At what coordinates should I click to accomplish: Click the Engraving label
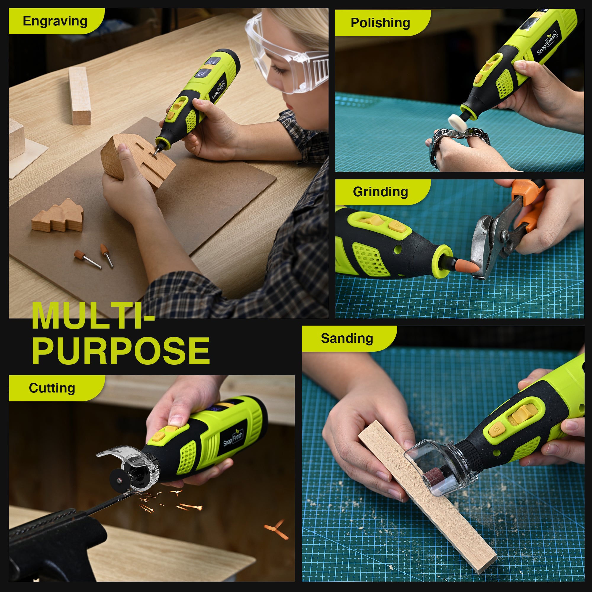pos(55,21)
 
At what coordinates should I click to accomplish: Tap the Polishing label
pos(380,23)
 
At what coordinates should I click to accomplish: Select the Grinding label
pos(380,192)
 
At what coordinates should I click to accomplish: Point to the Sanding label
pos(347,339)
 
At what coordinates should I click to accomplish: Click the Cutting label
pos(52,388)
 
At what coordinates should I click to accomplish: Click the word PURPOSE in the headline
pos(121,350)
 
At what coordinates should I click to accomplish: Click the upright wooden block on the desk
pos(79,96)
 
